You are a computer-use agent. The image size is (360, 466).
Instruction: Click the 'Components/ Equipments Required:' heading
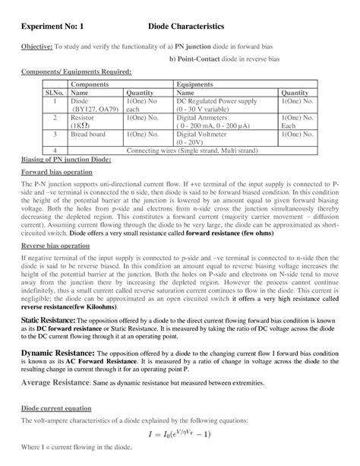click(x=75, y=71)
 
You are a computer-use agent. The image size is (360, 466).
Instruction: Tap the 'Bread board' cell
click(x=88, y=135)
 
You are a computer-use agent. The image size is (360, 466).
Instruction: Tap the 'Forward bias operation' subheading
click(x=55, y=173)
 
